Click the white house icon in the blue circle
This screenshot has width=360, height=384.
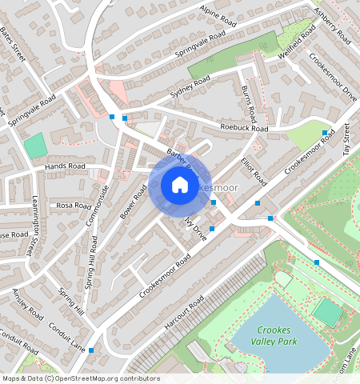(x=180, y=186)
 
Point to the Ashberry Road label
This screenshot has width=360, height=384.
(x=333, y=25)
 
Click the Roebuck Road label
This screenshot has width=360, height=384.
(x=245, y=128)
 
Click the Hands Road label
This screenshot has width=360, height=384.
(x=65, y=167)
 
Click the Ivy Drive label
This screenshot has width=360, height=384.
(x=195, y=229)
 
